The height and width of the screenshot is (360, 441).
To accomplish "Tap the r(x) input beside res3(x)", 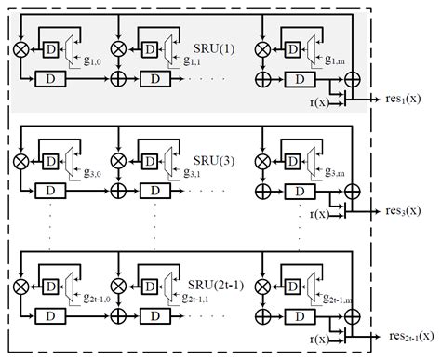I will coord(321,215).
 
